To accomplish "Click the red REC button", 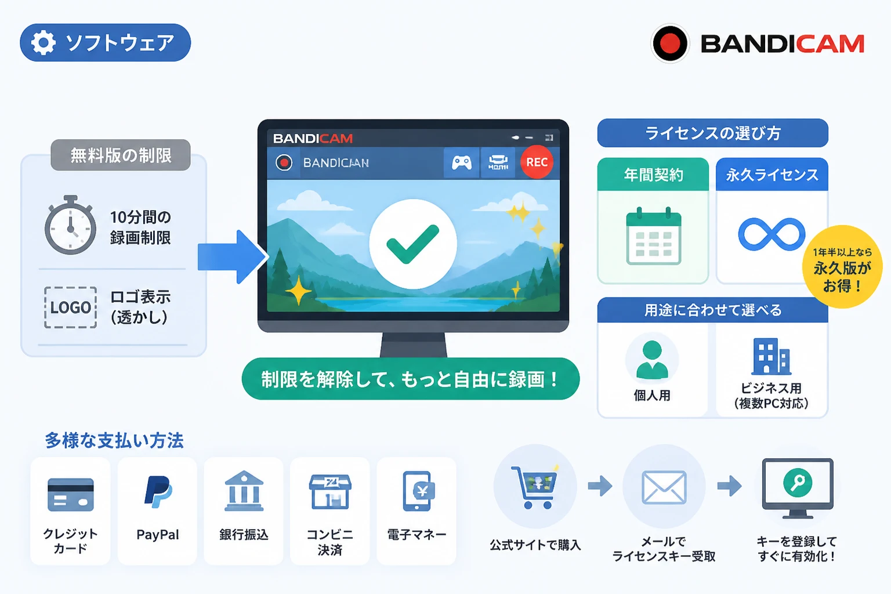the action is pyautogui.click(x=537, y=162).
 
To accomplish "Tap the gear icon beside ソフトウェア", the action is pyautogui.click(x=43, y=42).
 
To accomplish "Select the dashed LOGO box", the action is pyautogui.click(x=70, y=307).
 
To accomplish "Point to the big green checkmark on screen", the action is pyautogui.click(x=413, y=244).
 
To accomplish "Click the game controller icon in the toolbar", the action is pyautogui.click(x=461, y=162).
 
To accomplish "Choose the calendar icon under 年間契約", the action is pyautogui.click(x=654, y=236).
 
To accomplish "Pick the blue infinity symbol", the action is pyautogui.click(x=772, y=234).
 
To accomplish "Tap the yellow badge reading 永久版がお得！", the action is pyautogui.click(x=842, y=267).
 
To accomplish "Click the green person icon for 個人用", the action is pyautogui.click(x=652, y=359).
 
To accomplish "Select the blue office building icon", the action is pyautogui.click(x=771, y=357).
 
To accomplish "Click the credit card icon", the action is pyautogui.click(x=70, y=495).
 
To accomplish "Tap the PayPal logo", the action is pyautogui.click(x=158, y=492).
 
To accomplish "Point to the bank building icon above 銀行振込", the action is pyautogui.click(x=244, y=491).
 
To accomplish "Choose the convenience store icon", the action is pyautogui.click(x=330, y=492).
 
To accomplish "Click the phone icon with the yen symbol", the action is pyautogui.click(x=418, y=491).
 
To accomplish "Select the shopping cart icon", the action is pyautogui.click(x=534, y=487).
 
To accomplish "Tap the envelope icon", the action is pyautogui.click(x=664, y=487).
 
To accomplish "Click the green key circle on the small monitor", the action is pyautogui.click(x=797, y=483).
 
